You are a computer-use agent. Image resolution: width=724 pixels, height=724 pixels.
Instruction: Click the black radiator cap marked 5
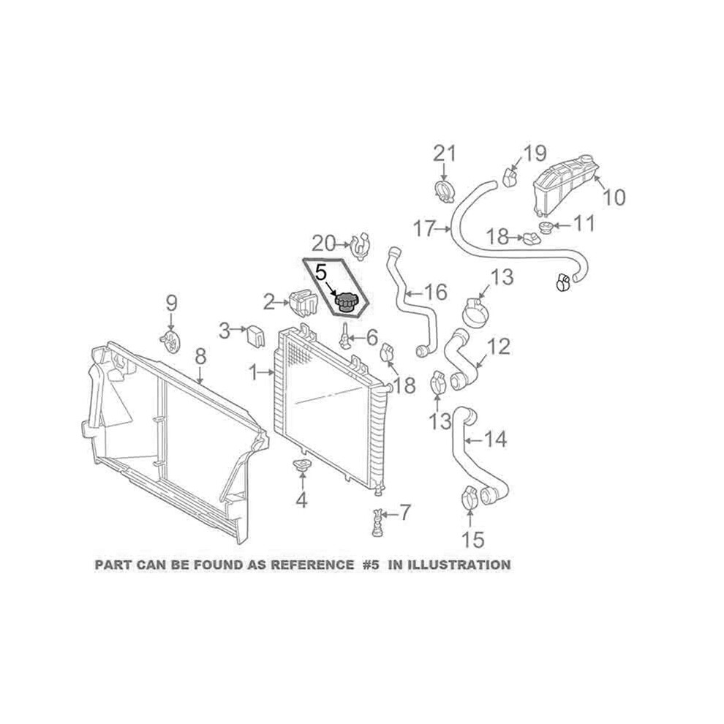(344, 302)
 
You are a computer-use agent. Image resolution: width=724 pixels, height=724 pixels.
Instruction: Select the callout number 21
(444, 154)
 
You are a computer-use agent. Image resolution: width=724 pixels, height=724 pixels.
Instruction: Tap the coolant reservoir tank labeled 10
(566, 185)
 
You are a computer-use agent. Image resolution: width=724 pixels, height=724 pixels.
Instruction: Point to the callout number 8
(200, 356)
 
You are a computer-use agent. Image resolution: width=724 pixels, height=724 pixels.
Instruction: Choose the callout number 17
(425, 229)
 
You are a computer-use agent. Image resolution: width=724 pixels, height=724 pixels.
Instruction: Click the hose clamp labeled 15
(469, 499)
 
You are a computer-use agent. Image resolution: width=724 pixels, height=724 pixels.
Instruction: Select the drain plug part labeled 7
(377, 523)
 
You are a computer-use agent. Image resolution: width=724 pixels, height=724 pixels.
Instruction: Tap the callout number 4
(301, 500)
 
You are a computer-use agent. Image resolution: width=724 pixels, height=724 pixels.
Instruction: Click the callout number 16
(435, 292)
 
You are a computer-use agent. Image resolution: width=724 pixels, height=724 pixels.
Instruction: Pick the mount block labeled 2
(303, 303)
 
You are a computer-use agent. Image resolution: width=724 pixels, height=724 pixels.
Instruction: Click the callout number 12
(498, 347)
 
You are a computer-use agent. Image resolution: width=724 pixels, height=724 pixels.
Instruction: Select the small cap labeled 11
(546, 227)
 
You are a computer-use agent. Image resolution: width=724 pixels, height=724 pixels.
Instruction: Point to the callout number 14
(495, 439)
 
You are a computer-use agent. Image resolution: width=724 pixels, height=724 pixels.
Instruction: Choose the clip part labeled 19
(509, 176)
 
